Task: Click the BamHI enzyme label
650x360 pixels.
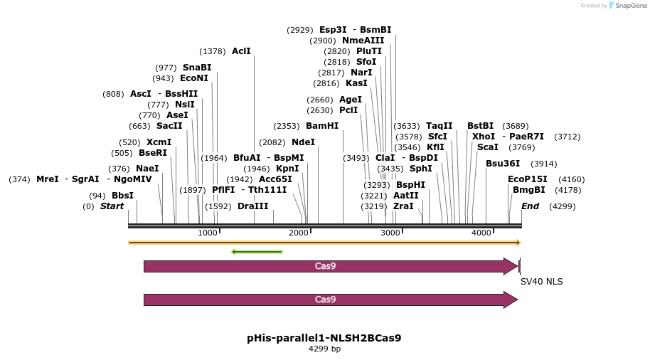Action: pos(322,126)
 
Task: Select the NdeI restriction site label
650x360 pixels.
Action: pos(304,142)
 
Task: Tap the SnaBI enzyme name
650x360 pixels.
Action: pos(197,68)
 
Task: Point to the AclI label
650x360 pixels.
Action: pos(241,51)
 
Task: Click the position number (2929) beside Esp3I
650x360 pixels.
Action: pos(299,30)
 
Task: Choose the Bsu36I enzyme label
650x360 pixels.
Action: pos(503,164)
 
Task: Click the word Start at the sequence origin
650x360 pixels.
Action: pos(112,206)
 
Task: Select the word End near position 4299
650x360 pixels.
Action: pos(531,206)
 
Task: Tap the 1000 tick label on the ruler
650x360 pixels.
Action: pos(207,233)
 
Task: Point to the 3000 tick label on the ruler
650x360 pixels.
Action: pos(390,233)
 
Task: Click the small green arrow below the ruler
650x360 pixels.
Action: pos(257,252)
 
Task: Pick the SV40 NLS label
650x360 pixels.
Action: pos(541,282)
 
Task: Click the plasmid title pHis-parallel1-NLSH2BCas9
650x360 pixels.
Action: pos(324,338)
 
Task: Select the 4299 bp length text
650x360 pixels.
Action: pos(324,349)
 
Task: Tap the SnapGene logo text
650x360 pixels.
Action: pos(631,6)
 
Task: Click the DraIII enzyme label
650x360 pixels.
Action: pos(253,206)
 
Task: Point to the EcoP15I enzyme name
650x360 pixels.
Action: pos(527,179)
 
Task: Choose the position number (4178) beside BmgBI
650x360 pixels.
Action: pos(568,191)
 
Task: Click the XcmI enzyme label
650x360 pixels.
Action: pos(159,142)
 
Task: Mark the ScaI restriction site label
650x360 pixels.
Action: pos(488,147)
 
